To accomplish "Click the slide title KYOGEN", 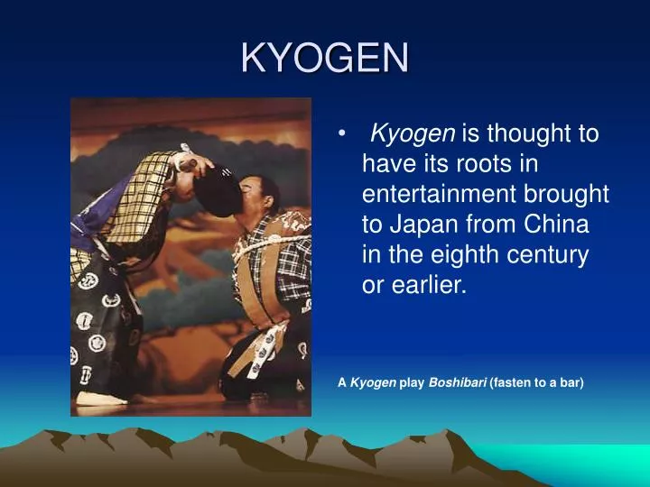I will tap(325, 59).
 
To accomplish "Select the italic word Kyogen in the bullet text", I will tap(413, 135).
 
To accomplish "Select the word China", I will tap(560, 224).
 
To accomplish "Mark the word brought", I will tap(574, 195).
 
